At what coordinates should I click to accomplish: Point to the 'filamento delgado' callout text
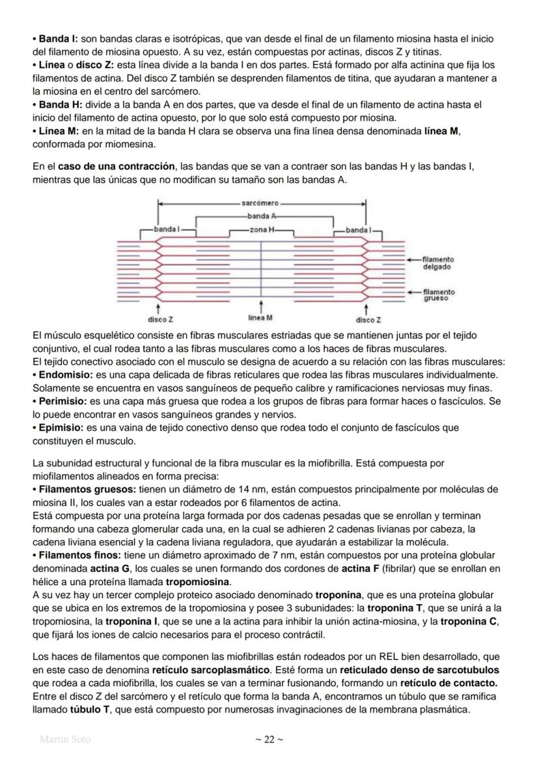[x=438, y=263]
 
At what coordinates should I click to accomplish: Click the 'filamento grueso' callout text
[x=438, y=296]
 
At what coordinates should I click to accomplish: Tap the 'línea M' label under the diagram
[x=260, y=318]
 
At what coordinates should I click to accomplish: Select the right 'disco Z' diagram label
[x=368, y=320]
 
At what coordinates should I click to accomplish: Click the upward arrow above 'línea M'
[x=261, y=307]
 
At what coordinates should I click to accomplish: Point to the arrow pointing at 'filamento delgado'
[x=413, y=259]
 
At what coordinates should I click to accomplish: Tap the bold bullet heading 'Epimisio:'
[x=62, y=427]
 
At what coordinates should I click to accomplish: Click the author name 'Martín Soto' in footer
[x=65, y=740]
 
